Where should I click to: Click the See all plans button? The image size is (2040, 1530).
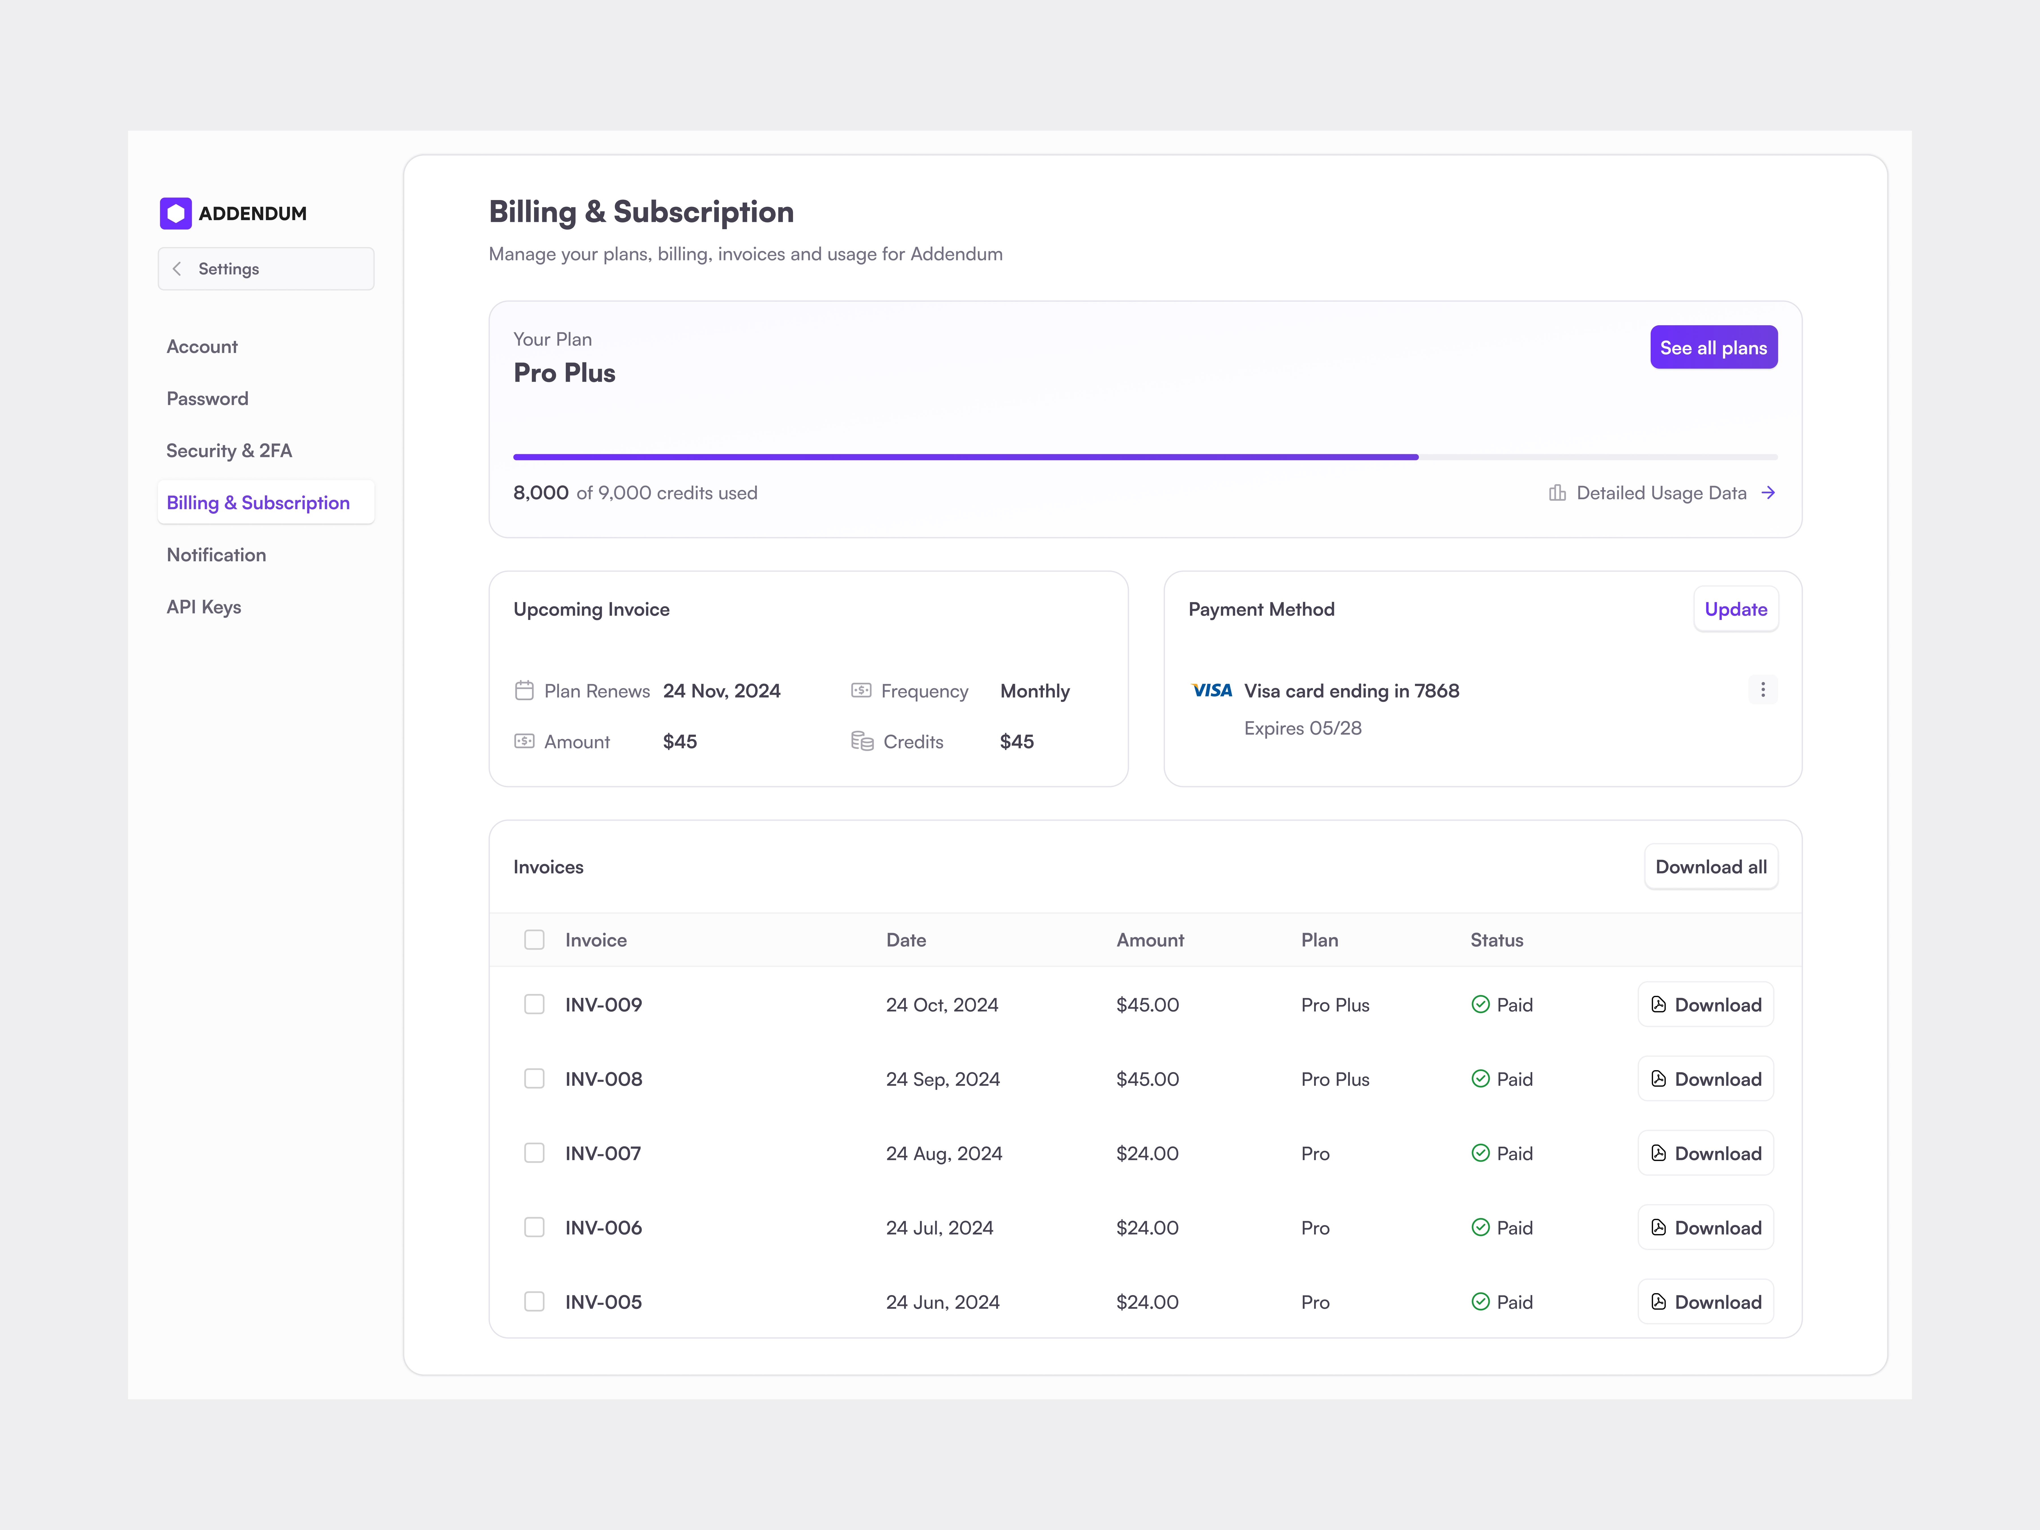[1712, 348]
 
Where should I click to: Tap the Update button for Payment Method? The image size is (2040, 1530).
[1735, 610]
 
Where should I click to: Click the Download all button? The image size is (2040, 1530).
[1710, 867]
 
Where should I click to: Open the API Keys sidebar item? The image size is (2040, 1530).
[204, 607]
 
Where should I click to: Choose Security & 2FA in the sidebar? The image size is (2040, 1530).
[229, 451]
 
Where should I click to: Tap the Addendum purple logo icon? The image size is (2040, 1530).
[175, 213]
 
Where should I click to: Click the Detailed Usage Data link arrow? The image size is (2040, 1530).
[1768, 493]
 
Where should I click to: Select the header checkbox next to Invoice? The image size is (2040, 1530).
[534, 940]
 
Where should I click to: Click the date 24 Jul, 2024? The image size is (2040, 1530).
[939, 1227]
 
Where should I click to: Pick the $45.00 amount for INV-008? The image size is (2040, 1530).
[1147, 1079]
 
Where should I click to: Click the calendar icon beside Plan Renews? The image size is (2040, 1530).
[524, 691]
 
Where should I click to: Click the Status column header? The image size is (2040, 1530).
[1496, 940]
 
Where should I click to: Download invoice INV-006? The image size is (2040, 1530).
[1705, 1227]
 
